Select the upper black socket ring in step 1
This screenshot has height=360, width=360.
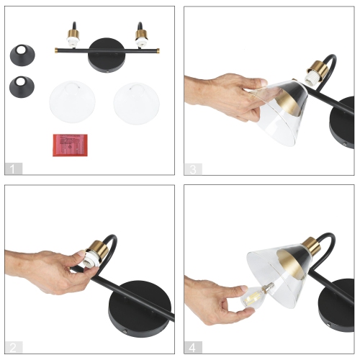[x=24, y=54]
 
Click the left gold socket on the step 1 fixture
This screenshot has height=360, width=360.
[x=73, y=37]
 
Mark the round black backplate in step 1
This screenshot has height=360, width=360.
[x=105, y=60]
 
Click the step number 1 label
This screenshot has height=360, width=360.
[x=14, y=168]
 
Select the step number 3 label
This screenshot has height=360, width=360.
[x=192, y=168]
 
